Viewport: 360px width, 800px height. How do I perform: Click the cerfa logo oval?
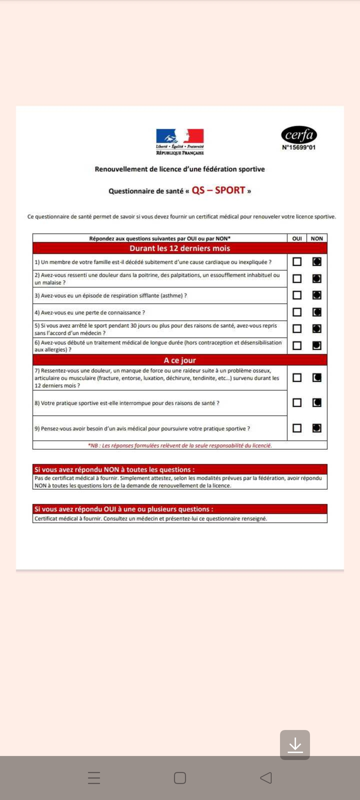pos(299,135)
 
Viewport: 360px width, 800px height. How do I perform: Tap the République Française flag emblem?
pos(180,136)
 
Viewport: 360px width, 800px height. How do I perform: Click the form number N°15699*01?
pos(299,147)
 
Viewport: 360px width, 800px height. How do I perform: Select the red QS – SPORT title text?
pos(218,190)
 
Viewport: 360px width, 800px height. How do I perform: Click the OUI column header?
pos(297,238)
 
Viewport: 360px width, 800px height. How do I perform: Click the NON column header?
pos(317,238)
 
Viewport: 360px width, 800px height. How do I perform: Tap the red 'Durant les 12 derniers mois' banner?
pos(180,248)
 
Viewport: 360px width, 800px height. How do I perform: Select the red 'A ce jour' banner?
pos(180,360)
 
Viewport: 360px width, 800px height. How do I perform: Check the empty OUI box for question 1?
pos(297,262)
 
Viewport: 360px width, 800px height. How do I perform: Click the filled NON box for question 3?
pos(317,295)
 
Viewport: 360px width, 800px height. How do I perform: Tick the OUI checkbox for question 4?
pos(297,312)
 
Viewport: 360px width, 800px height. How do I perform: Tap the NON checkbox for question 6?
pos(317,345)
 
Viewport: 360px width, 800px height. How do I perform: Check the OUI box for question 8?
pos(297,403)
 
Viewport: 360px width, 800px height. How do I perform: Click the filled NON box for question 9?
pos(317,428)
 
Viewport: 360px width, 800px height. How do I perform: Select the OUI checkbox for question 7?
pos(297,378)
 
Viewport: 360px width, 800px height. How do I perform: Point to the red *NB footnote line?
pos(180,445)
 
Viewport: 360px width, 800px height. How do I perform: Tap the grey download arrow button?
pos(295,745)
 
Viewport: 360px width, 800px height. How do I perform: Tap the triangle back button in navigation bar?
pos(266,778)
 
